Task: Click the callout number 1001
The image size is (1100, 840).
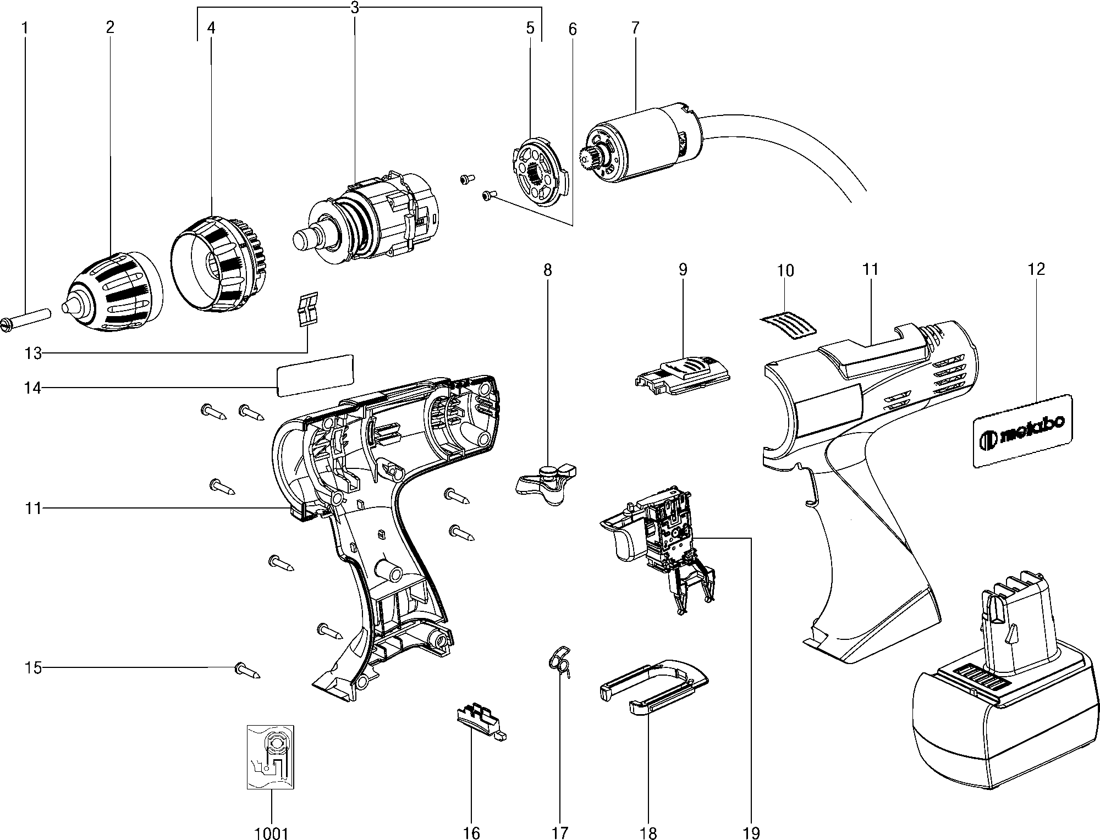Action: tap(272, 833)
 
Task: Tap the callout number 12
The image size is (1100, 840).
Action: tap(1036, 269)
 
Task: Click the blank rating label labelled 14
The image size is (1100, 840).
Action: tap(315, 374)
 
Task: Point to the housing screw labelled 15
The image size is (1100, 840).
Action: tap(246, 670)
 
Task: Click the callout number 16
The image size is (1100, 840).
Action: tap(471, 833)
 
